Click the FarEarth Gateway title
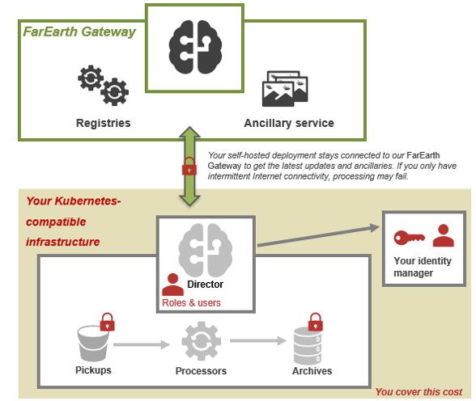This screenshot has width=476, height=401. (x=79, y=32)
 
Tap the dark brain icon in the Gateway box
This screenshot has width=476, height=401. (x=195, y=47)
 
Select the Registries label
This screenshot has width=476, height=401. (x=104, y=123)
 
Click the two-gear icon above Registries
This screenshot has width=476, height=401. (x=104, y=85)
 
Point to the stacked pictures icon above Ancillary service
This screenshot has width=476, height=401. (x=285, y=88)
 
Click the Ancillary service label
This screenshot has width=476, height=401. (x=289, y=123)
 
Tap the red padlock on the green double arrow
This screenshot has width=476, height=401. (x=189, y=166)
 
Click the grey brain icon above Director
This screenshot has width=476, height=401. (x=206, y=250)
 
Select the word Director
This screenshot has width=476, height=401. (x=206, y=285)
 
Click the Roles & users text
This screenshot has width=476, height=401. (x=191, y=303)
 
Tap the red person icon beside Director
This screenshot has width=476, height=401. (x=172, y=285)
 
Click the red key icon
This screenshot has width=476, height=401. (x=410, y=238)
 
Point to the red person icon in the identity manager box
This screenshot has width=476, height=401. (x=444, y=235)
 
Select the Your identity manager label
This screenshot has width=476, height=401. (x=423, y=267)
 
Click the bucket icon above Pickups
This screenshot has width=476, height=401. (x=93, y=344)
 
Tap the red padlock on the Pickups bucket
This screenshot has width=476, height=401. (x=108, y=322)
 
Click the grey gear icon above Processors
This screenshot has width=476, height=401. (x=202, y=341)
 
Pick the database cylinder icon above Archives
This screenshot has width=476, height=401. (x=308, y=346)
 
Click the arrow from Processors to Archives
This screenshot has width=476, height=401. (x=258, y=340)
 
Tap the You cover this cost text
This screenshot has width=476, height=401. (x=419, y=392)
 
